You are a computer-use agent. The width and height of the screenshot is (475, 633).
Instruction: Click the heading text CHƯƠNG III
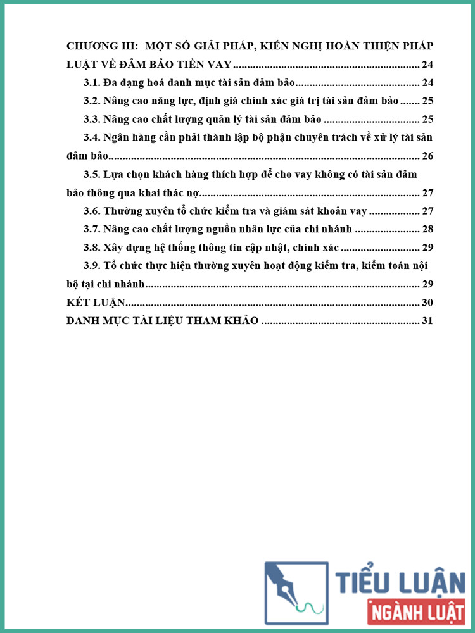click(101, 46)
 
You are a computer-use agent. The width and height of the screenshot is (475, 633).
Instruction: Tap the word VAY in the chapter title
click(217, 65)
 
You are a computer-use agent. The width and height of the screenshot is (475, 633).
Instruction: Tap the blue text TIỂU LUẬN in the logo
click(400, 582)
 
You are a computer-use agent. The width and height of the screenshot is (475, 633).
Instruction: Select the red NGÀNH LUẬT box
click(415, 612)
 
